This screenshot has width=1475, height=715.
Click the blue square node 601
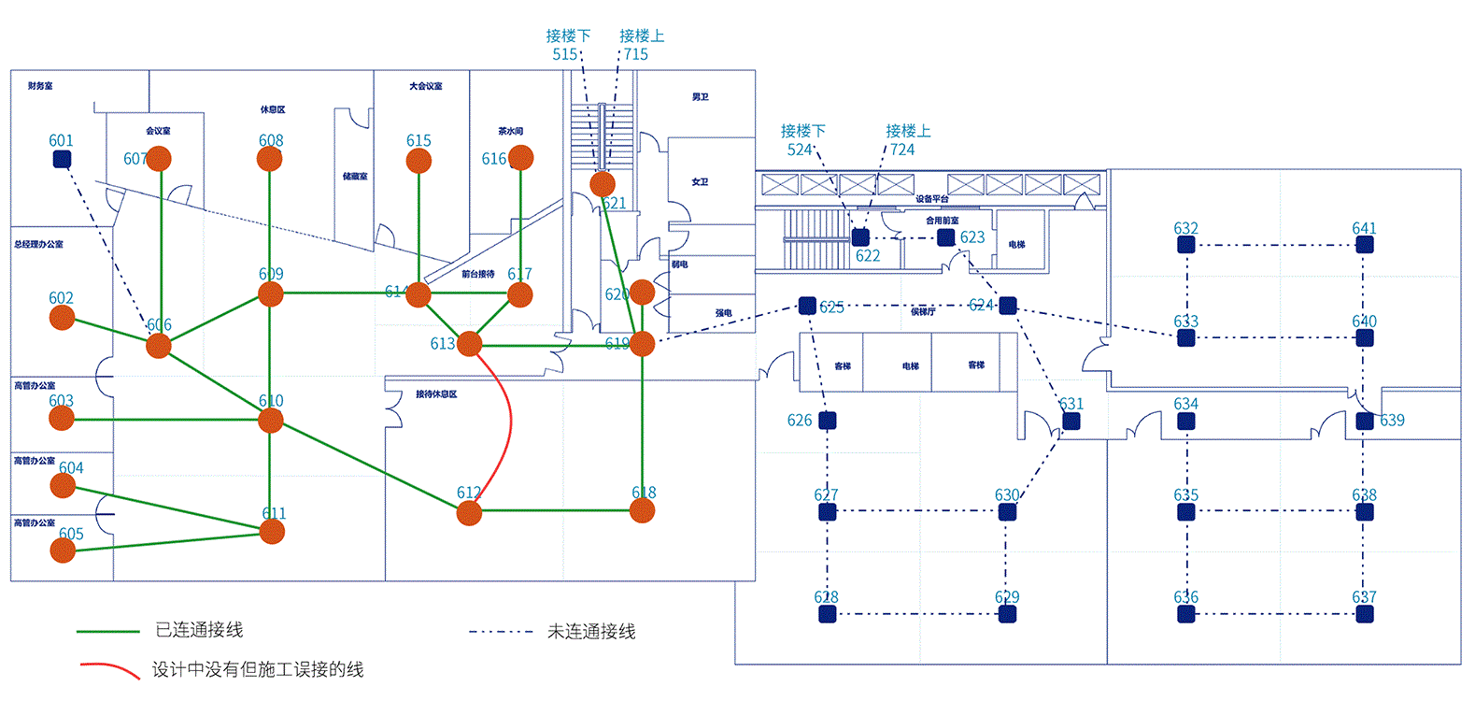click(62, 159)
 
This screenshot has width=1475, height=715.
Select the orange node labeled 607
click(159, 159)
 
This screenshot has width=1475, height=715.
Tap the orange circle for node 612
click(469, 512)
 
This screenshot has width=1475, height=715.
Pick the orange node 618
click(642, 510)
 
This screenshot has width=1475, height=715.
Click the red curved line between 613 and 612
click(510, 421)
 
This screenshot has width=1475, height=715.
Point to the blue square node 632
click(1186, 245)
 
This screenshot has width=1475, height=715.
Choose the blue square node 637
click(1365, 614)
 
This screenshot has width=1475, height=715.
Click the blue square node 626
click(827, 421)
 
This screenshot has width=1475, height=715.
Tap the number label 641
click(1364, 228)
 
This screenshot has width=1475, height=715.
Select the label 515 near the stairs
click(565, 54)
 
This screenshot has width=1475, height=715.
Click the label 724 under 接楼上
click(902, 150)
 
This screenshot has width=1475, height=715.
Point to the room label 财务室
click(40, 86)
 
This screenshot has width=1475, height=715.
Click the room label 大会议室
click(426, 86)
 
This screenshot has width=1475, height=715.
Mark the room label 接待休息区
click(436, 394)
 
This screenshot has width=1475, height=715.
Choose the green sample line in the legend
click(107, 632)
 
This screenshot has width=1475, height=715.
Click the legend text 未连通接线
click(591, 632)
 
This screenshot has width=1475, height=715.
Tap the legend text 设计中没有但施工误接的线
click(258, 669)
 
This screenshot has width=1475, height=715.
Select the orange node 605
click(63, 551)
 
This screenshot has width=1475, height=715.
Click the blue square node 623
click(946, 237)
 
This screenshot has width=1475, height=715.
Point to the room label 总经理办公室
click(39, 244)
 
